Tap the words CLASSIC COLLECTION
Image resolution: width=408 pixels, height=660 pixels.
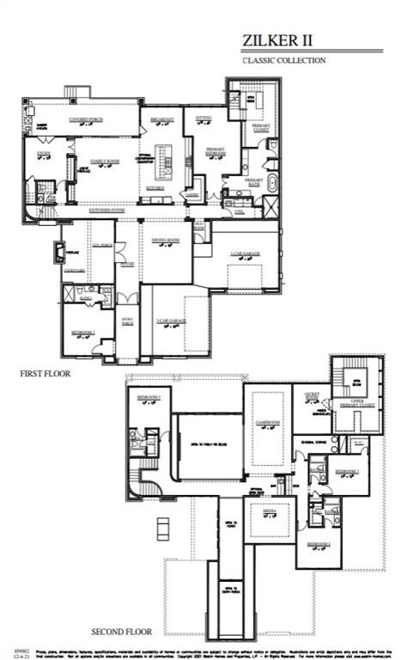284,61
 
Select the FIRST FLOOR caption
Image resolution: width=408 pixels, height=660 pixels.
45,374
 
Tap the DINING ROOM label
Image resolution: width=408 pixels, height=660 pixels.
165,241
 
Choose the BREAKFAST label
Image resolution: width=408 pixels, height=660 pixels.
162,119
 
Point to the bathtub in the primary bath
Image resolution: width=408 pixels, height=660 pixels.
273,182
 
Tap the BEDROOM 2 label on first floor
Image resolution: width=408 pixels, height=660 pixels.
83,332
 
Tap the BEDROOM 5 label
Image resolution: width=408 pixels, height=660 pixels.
149,398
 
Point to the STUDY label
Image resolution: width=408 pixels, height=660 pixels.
44,154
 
